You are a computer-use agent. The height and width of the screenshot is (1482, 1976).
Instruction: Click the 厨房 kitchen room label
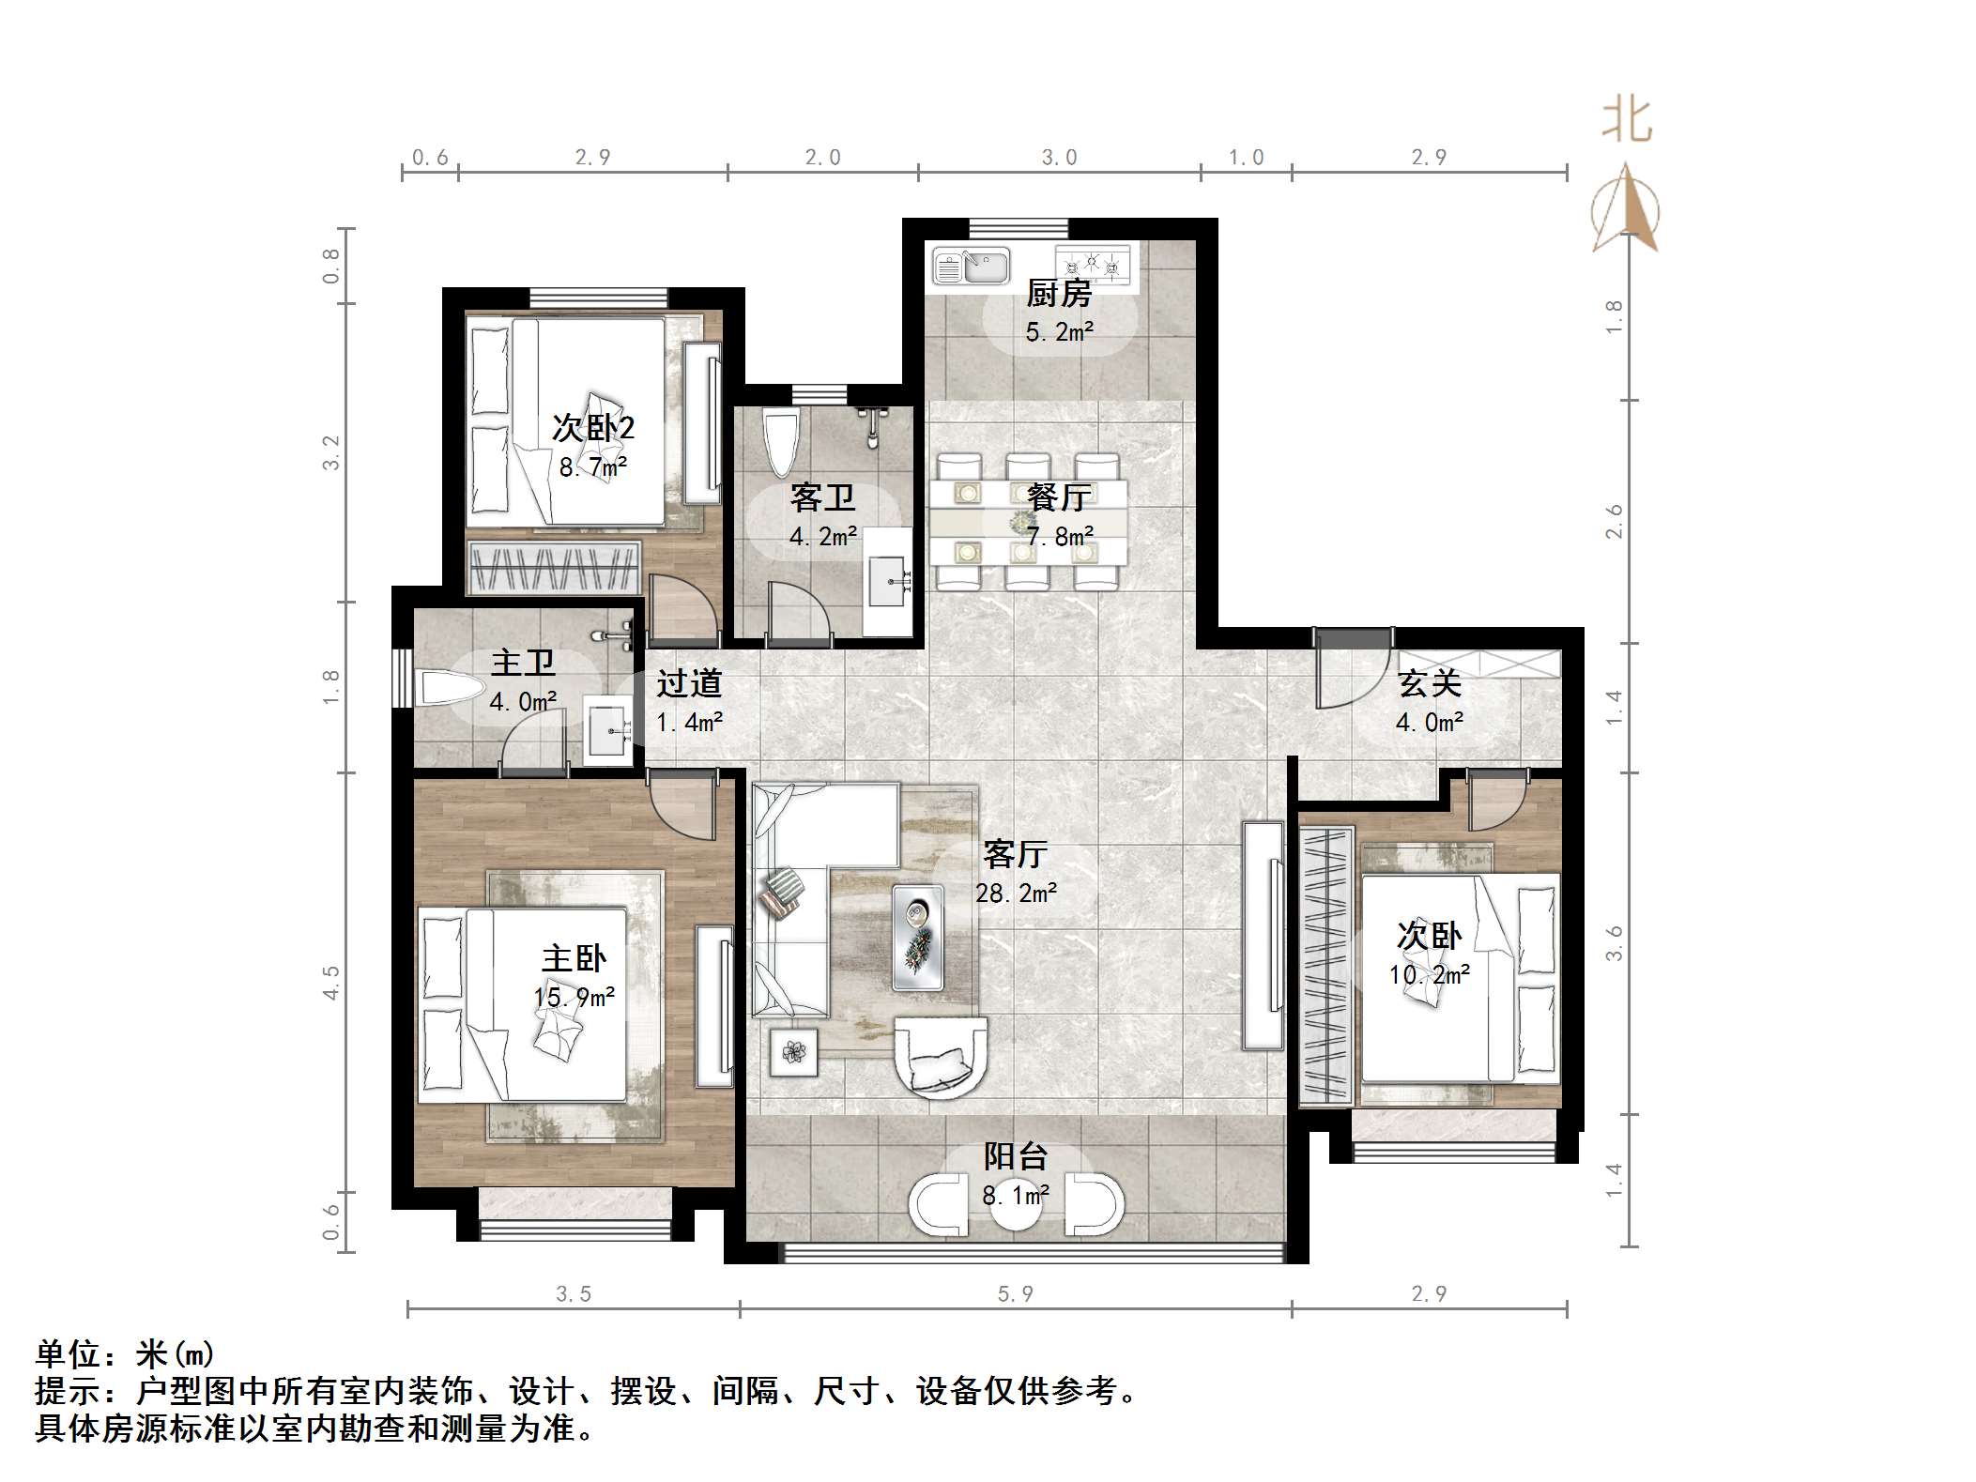click(x=1058, y=294)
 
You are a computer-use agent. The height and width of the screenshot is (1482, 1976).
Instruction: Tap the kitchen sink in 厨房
click(x=972, y=267)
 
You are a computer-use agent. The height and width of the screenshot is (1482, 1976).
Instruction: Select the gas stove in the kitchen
click(x=1093, y=265)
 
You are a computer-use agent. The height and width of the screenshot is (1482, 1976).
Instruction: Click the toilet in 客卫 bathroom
click(x=780, y=443)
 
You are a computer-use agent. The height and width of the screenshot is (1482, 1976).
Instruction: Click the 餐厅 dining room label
click(x=1058, y=497)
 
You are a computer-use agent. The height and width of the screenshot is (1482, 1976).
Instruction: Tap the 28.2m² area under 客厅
click(x=1016, y=893)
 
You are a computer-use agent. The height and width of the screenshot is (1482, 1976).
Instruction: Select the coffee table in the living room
click(x=917, y=937)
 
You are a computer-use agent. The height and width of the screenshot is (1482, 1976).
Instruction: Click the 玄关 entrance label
click(x=1430, y=683)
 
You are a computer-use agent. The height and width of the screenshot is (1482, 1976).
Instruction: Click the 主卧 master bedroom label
click(x=574, y=958)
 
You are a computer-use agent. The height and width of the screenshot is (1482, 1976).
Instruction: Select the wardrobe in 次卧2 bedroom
click(x=554, y=569)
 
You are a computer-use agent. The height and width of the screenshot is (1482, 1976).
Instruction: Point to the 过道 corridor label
click(x=689, y=683)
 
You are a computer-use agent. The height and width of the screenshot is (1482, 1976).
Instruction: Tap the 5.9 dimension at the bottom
click(x=1015, y=1294)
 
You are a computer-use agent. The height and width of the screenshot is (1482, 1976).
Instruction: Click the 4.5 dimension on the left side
click(x=331, y=982)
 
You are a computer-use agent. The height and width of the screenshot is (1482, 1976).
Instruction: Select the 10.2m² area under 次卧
click(x=1429, y=974)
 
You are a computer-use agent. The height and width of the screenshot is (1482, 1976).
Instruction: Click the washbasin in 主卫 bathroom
click(x=609, y=731)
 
